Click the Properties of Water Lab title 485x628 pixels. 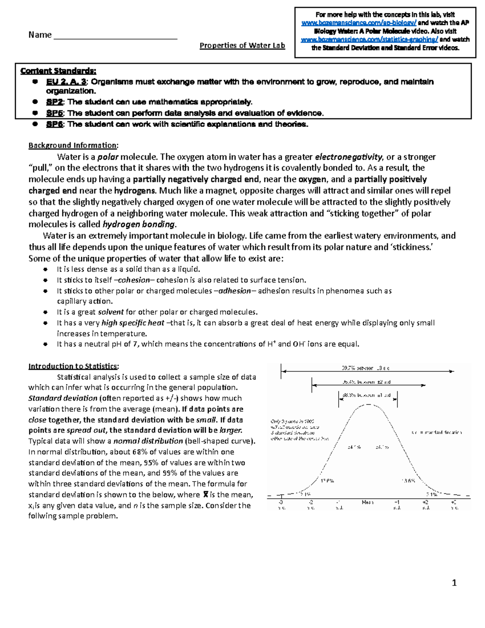click(242, 45)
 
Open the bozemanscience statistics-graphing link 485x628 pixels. click(369, 40)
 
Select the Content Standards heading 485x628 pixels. click(58, 71)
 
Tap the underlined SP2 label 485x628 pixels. click(55, 102)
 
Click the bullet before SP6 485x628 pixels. click(36, 124)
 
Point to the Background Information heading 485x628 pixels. click(73, 146)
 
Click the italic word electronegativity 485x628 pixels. click(348, 157)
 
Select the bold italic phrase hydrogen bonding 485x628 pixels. click(139, 224)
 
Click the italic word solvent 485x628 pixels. click(110, 312)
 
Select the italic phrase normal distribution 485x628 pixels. click(148, 441)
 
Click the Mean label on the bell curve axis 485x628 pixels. click(367, 502)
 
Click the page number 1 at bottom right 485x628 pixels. click(454, 583)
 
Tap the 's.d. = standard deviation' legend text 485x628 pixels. click(436, 432)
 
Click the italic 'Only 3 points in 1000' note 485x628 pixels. click(293, 421)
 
